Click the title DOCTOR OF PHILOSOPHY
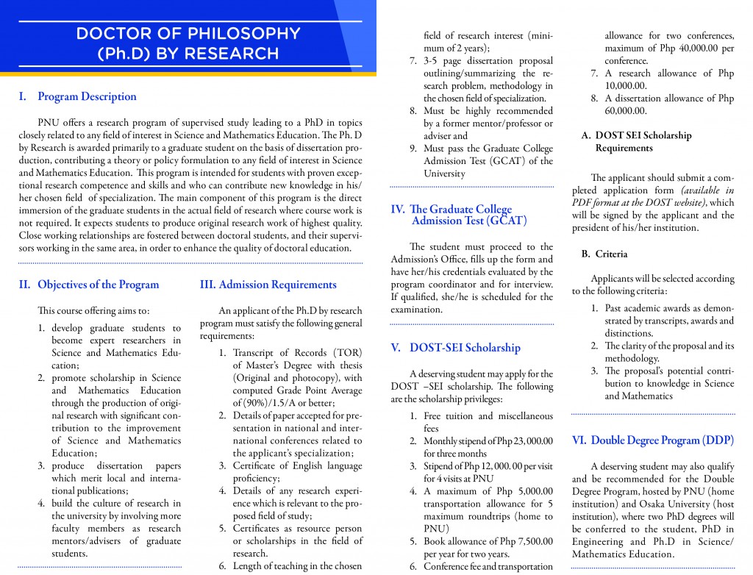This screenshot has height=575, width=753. click(188, 34)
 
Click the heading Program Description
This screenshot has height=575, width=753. click(87, 96)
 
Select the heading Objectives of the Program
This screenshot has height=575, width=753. click(98, 285)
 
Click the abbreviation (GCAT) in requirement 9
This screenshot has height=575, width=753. click(502, 161)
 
